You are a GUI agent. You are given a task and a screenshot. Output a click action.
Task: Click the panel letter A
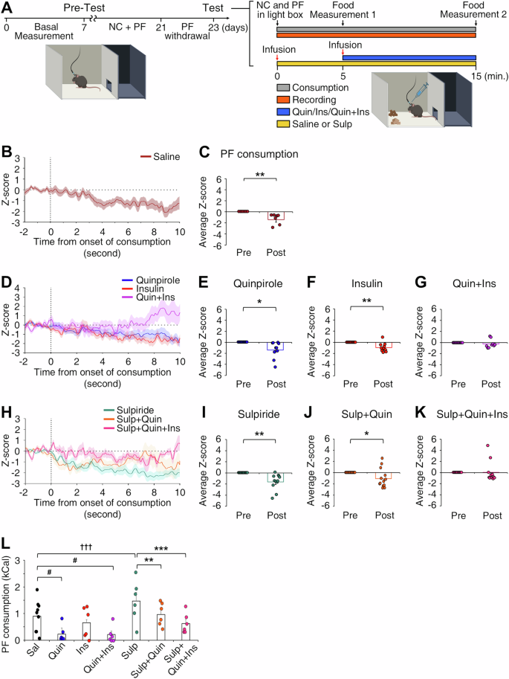(x=7, y=7)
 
